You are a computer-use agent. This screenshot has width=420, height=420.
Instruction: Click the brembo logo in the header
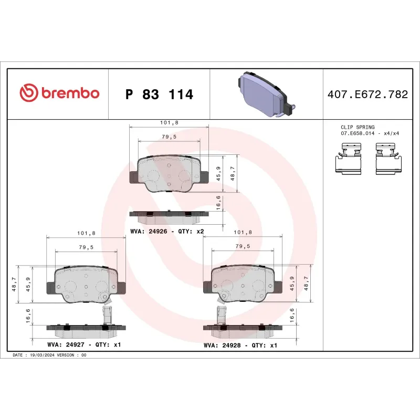click(59, 93)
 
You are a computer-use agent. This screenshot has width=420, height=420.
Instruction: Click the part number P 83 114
click(160, 94)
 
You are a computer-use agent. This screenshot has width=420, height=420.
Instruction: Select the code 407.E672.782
click(367, 94)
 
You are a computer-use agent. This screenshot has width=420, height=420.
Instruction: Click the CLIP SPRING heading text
click(358, 127)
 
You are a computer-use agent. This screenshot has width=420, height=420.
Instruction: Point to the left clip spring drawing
click(348, 161)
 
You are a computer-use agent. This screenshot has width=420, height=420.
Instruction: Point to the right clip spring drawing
click(389, 161)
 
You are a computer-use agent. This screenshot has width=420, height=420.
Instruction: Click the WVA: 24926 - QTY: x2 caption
click(167, 232)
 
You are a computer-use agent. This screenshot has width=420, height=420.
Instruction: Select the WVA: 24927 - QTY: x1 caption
click(85, 345)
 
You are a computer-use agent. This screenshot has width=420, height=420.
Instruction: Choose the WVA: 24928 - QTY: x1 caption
click(240, 345)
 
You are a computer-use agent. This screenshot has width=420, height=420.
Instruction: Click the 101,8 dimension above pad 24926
click(169, 122)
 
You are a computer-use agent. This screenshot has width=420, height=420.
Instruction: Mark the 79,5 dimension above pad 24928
click(242, 246)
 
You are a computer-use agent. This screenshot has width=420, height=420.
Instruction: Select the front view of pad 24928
click(243, 283)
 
